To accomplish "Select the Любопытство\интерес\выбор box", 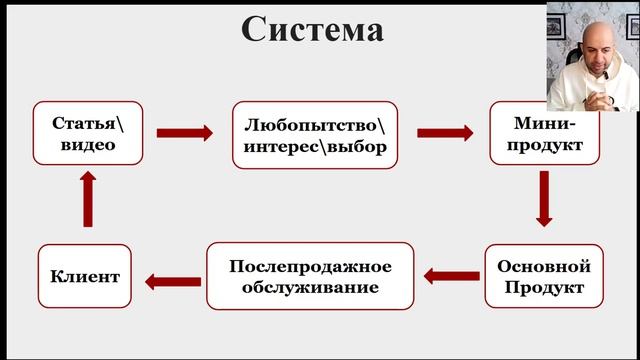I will pos(315,133).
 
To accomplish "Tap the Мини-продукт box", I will pos(544,133).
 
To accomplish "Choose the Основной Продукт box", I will pos(544,277).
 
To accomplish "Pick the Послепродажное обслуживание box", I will pos(309,277).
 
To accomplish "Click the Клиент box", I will pos(85,277).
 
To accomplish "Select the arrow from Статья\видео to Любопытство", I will pos(186,133).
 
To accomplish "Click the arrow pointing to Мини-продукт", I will pos(445,133).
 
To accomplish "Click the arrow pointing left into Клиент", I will pos(171,281).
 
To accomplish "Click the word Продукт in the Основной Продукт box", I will pos(545,288).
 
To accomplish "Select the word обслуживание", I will pos(309,288).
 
